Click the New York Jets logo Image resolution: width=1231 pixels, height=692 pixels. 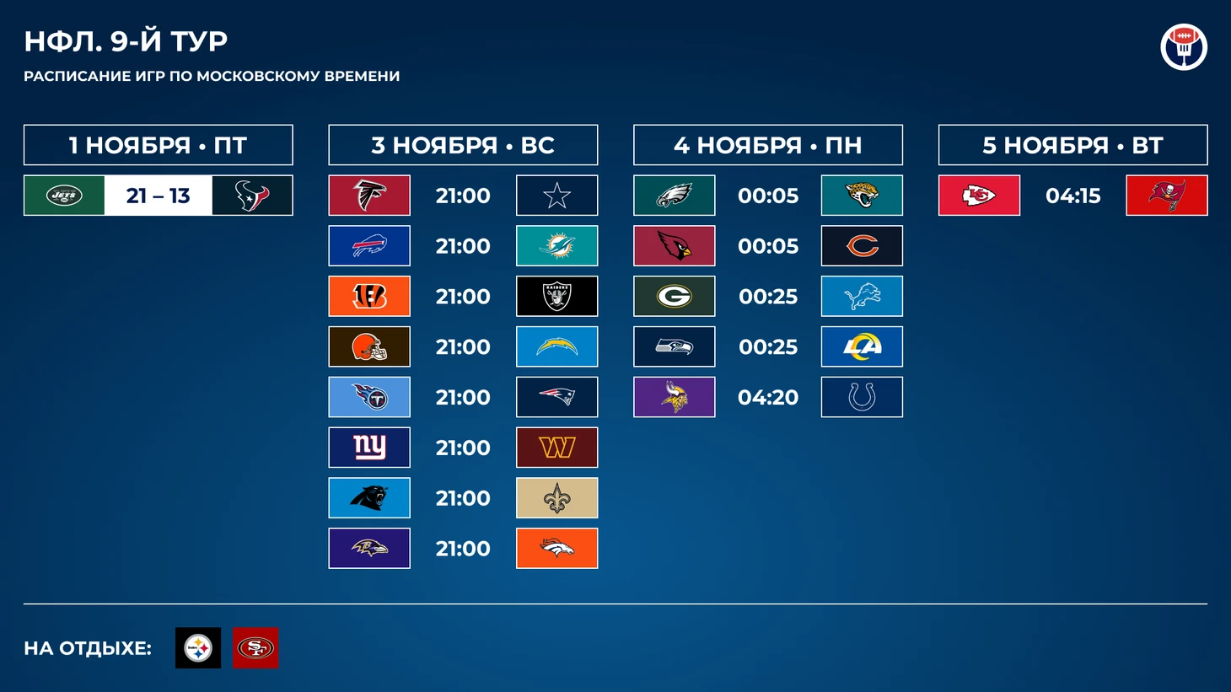pyautogui.click(x=64, y=196)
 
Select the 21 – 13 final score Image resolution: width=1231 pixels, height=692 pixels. pyautogui.click(x=159, y=196)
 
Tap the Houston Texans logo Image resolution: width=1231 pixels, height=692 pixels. pyautogui.click(x=253, y=196)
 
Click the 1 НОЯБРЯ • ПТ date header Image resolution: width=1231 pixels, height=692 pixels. pyautogui.click(x=159, y=146)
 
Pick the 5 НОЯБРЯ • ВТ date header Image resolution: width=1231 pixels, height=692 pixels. pyautogui.click(x=1072, y=146)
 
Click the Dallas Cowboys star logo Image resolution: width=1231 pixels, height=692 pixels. pyautogui.click(x=556, y=196)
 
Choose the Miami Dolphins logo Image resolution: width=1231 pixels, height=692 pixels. pyautogui.click(x=556, y=246)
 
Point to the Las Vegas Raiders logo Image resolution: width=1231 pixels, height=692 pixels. pyautogui.click(x=556, y=297)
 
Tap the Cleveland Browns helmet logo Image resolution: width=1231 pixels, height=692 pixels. pyautogui.click(x=369, y=346)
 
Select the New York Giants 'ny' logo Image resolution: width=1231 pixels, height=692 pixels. pyautogui.click(x=369, y=448)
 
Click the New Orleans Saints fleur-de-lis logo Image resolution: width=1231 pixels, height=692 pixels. pyautogui.click(x=556, y=498)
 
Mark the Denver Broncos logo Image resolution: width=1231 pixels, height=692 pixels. pyautogui.click(x=556, y=548)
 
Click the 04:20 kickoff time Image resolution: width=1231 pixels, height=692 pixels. pyautogui.click(x=768, y=398)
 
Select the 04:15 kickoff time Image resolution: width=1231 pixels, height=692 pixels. pyautogui.click(x=1072, y=196)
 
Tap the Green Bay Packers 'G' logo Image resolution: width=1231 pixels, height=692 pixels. pyautogui.click(x=675, y=297)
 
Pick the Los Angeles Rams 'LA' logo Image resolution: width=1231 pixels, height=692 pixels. pyautogui.click(x=862, y=346)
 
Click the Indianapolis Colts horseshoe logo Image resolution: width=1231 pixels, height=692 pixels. pyautogui.click(x=862, y=397)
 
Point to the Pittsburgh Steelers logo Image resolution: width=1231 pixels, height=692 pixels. pyautogui.click(x=198, y=648)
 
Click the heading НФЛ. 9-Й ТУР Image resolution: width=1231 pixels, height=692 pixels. pyautogui.click(x=126, y=41)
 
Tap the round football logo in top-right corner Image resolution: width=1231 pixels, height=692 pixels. pyautogui.click(x=1184, y=46)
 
